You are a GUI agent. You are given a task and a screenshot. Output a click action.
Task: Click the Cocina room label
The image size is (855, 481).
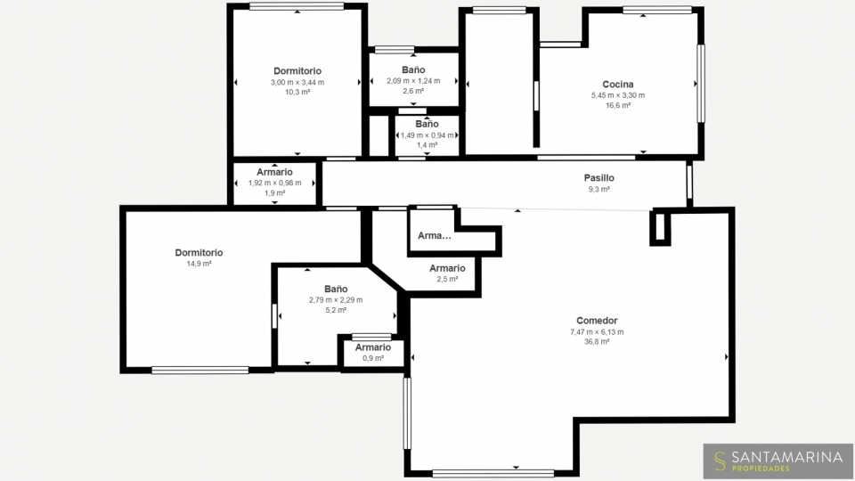618,85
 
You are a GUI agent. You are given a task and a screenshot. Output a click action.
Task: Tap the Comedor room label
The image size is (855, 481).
597,321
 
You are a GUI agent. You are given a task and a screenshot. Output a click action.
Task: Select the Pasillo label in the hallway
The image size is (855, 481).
598,178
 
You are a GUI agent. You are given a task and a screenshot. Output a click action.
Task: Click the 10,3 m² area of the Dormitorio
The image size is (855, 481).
297,92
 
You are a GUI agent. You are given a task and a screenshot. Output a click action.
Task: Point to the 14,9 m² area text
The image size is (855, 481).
199,264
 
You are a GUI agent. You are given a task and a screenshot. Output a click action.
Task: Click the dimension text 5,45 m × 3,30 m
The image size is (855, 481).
618,95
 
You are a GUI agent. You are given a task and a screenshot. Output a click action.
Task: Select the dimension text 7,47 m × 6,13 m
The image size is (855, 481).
597,331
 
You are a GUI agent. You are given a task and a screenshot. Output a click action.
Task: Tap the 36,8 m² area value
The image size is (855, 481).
597,342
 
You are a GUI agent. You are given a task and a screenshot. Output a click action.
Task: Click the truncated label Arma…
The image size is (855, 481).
434,235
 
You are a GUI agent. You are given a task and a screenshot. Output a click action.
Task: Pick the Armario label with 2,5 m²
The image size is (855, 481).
447,268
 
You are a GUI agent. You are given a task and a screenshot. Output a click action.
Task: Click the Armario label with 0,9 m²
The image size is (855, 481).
373,347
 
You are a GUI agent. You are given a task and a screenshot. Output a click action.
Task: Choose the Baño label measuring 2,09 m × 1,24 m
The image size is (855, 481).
413,69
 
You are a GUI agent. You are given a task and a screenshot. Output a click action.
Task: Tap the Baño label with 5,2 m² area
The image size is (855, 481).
336,289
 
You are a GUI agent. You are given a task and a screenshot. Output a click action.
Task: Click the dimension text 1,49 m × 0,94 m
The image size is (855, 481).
427,135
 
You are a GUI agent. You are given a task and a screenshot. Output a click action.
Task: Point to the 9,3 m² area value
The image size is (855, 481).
598,189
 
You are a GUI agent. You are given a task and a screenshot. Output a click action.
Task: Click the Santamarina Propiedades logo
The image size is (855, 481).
778,461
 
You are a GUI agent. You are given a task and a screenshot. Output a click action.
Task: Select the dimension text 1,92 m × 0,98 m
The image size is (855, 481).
275,183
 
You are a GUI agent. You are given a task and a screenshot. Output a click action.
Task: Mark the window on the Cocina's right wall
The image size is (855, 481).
701,84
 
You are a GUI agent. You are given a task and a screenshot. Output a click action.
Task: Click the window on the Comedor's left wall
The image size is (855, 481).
407,413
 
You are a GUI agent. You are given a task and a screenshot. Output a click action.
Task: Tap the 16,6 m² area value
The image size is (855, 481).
618,106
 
